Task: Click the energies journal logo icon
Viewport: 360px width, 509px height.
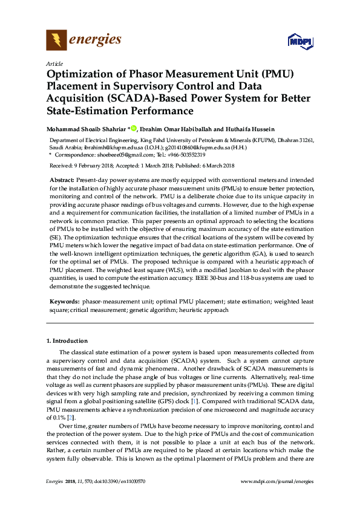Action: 56,41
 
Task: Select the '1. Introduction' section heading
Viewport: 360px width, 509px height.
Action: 67,341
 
